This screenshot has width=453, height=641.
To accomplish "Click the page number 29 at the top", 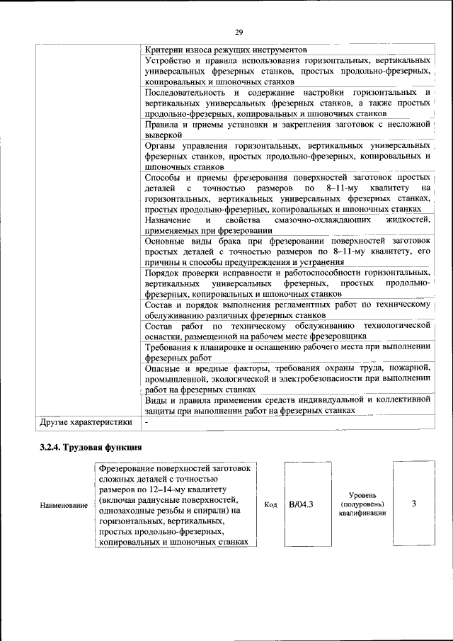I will (239, 32).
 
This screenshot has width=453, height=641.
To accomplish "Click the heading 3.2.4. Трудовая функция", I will (91, 447).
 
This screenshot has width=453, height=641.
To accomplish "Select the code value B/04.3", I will (302, 505).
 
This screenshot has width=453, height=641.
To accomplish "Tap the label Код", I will (270, 505).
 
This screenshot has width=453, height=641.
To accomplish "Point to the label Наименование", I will (64, 505).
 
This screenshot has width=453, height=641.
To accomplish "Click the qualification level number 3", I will (413, 504).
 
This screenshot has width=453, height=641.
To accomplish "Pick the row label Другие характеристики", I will (86, 423).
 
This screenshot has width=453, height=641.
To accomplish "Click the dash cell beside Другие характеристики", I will (147, 423).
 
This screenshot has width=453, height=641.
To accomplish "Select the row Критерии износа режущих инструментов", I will (225, 50).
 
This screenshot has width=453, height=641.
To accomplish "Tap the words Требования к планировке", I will (202, 347).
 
